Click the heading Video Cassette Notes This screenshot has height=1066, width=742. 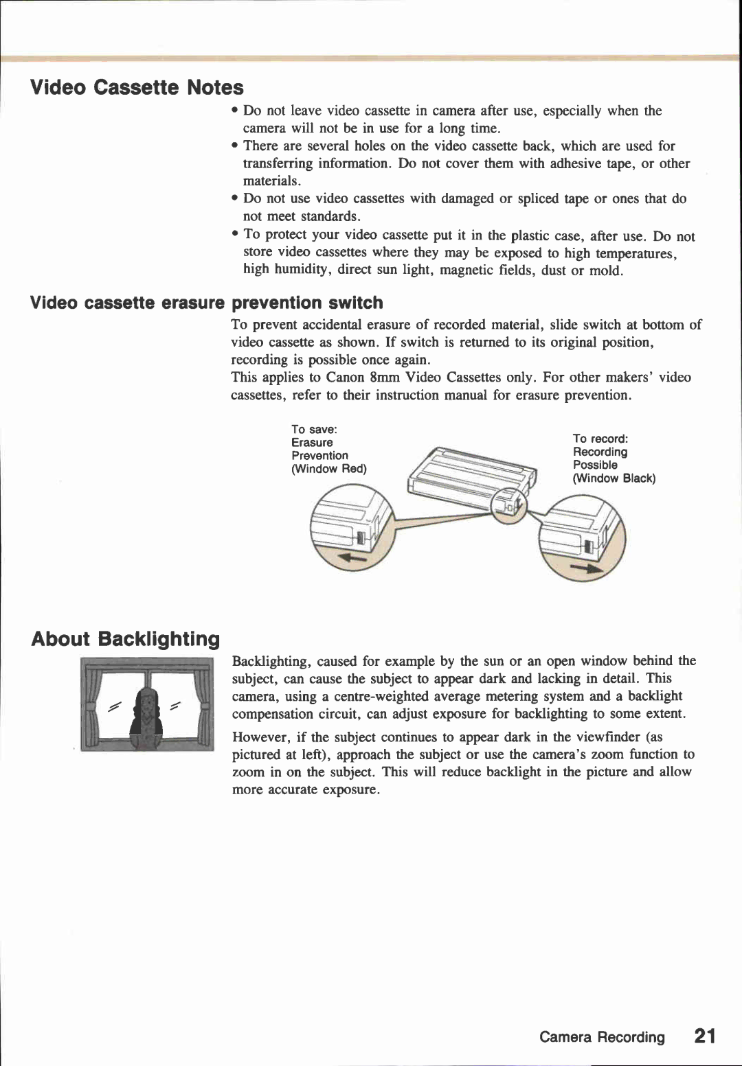tap(137, 88)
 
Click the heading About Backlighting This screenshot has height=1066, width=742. tap(125, 639)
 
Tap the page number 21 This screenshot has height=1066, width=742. tap(704, 1036)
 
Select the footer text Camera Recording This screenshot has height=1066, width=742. tap(602, 1037)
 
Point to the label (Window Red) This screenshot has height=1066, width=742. tap(329, 469)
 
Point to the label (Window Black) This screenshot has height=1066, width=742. tap(614, 478)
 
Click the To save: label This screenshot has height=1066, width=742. tap(314, 430)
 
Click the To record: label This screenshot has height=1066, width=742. tap(600, 439)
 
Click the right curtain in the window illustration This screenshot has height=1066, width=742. tap(201, 704)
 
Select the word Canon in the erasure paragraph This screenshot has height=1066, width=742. tap(346, 378)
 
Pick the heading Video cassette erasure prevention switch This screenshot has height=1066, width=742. tap(207, 303)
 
